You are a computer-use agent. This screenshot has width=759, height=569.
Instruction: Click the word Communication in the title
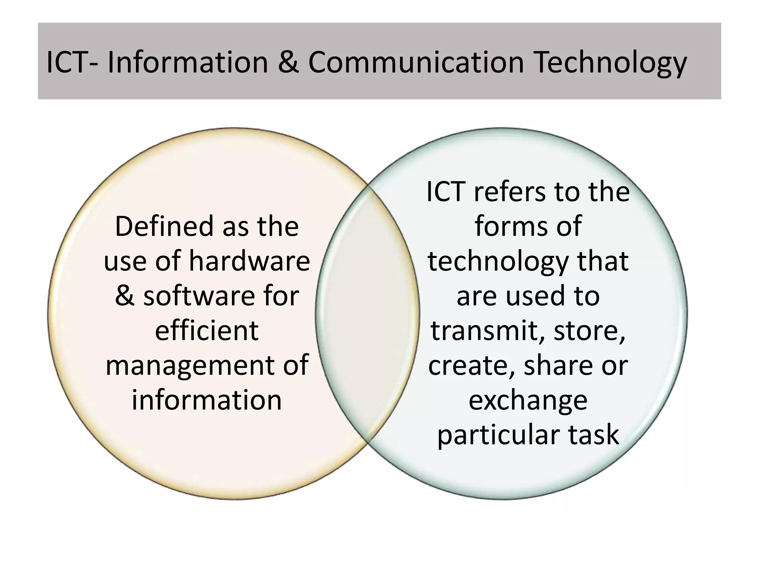416,62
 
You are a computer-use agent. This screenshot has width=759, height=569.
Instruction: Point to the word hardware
249,261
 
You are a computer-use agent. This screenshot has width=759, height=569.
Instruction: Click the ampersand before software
125,296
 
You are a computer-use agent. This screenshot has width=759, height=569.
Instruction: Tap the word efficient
206,330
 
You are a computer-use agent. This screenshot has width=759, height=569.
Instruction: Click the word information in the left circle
206,400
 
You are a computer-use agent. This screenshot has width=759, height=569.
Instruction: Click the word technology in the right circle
498,261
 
